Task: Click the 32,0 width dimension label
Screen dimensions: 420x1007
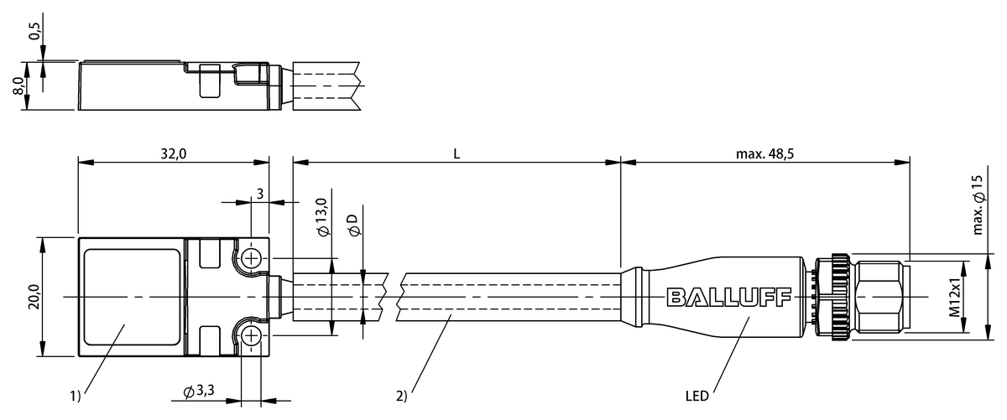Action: tap(173, 153)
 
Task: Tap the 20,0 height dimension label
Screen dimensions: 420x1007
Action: tap(31, 297)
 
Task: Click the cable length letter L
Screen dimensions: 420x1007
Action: tap(457, 153)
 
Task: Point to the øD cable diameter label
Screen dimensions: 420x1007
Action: tap(353, 224)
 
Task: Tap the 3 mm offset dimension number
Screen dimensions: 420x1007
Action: tap(260, 194)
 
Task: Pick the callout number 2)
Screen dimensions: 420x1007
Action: tap(402, 394)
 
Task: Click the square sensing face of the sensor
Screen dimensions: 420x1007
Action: tap(132, 297)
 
